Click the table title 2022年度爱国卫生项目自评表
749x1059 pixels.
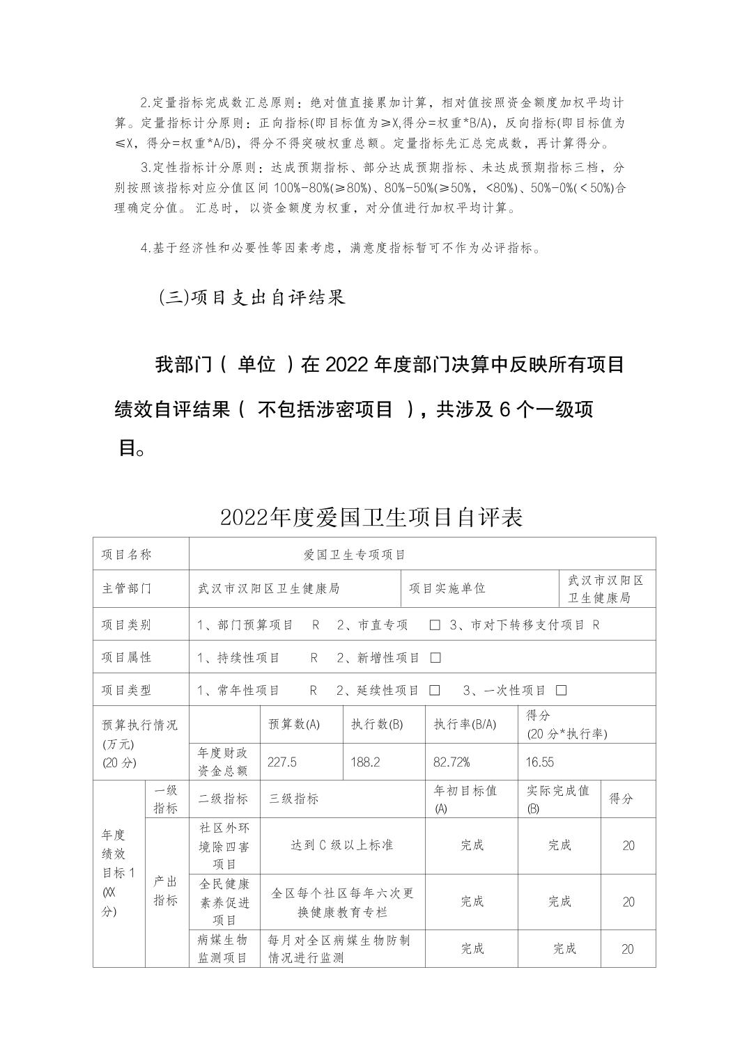coord(371,517)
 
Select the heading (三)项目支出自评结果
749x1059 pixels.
coord(252,298)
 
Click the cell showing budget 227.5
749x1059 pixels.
coord(282,762)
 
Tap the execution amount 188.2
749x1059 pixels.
coord(365,762)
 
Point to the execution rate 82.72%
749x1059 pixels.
coord(451,762)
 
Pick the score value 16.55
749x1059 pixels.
coord(539,762)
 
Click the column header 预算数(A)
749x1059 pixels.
coord(294,724)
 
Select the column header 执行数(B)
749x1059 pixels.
coord(377,724)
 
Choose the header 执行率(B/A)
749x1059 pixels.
coord(465,724)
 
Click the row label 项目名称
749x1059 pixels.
coord(126,554)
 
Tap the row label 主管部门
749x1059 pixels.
coord(126,588)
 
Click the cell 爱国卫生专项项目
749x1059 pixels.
coord(354,554)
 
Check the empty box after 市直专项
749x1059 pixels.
coord(435,625)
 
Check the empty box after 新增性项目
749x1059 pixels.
coord(436,658)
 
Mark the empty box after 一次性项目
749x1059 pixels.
coord(562,691)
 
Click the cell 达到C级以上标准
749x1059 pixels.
coord(341,845)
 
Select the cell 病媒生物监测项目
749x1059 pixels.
coord(223,948)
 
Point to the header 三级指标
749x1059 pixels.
coord(294,799)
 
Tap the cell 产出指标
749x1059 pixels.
coord(166,891)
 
